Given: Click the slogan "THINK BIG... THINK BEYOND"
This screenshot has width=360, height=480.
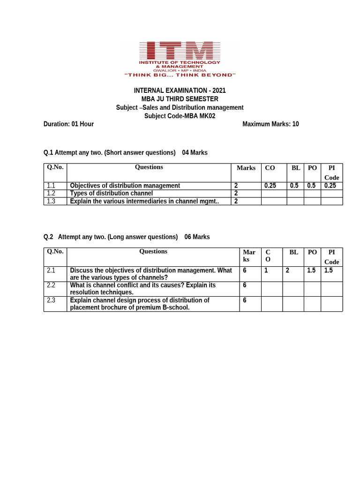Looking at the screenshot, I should coord(180,75).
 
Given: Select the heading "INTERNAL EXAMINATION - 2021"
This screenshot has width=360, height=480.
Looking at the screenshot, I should coord(180,90).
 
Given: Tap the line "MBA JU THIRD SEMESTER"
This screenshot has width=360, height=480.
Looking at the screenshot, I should coord(180,99).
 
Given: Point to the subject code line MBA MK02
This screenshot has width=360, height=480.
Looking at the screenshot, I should coord(180,116).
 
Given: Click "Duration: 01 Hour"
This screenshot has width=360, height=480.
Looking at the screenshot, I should coord(68,124).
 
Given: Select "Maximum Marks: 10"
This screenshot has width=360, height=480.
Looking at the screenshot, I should coord(270,124).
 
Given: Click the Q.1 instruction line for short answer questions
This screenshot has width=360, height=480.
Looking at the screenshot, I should coord(125,153).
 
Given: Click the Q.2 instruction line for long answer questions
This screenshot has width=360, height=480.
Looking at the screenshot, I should coord(127,237).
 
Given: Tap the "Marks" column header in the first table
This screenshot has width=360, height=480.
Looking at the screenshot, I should coord(246,168).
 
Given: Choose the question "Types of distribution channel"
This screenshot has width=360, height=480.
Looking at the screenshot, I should coord(111,193).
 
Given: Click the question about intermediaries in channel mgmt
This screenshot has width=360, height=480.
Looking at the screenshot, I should coord(144,201).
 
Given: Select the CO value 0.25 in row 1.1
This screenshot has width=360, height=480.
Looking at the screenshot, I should coord(270,186).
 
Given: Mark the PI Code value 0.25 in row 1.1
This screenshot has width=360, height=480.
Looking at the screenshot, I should coord(330,186).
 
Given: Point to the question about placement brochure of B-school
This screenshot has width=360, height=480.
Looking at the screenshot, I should coord(140,304).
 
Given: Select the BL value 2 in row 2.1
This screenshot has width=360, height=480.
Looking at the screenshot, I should coord(288,270).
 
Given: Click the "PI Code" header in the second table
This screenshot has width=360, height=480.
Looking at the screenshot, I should coord(331,257).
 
